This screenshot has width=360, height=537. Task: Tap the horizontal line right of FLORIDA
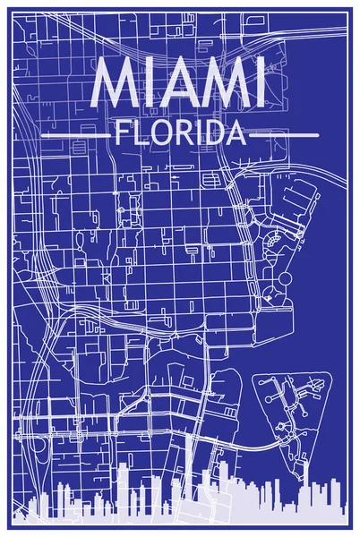285,135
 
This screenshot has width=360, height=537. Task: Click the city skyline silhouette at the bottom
179,510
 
